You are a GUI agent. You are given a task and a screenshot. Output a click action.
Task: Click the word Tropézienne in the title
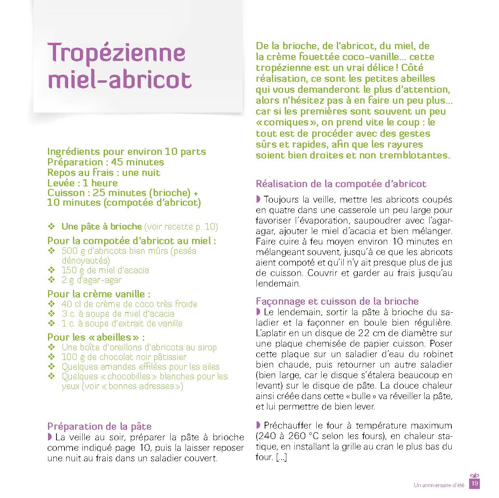[117, 52]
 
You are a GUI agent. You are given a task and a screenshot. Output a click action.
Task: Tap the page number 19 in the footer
[475, 483]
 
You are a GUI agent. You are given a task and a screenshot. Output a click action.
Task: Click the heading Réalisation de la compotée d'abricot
[341, 184]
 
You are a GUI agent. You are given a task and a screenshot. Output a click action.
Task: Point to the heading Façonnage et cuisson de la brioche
[337, 301]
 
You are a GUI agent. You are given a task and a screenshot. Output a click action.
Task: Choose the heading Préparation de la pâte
[99, 426]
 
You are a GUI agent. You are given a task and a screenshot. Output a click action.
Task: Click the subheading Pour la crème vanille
[99, 294]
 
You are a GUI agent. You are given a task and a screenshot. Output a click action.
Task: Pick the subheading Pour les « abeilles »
[96, 337]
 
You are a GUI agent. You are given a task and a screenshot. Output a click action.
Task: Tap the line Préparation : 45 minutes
[106, 162]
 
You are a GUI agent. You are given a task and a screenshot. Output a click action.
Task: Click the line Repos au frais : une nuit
[104, 173]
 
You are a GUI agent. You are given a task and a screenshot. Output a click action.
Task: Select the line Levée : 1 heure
[82, 183]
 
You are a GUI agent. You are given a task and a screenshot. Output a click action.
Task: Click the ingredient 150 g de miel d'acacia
[105, 270]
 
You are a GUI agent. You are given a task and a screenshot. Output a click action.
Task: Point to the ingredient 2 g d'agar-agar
[92, 280]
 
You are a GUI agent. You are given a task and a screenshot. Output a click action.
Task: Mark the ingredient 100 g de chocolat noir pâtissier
[124, 357]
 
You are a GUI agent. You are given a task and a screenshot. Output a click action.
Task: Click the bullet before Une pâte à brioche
[51, 226]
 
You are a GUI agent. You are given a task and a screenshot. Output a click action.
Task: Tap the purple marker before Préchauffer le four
[258, 425]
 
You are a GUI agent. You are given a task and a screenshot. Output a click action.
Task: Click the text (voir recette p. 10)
[181, 227]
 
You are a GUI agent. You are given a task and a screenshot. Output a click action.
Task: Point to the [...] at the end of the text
[281, 457]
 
